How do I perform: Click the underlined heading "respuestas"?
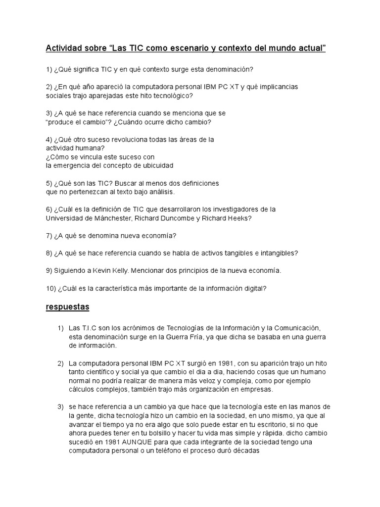coord(67,307)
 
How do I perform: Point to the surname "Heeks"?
coord(241,218)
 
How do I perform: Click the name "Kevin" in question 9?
coord(95,271)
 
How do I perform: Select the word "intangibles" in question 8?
coord(277,253)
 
